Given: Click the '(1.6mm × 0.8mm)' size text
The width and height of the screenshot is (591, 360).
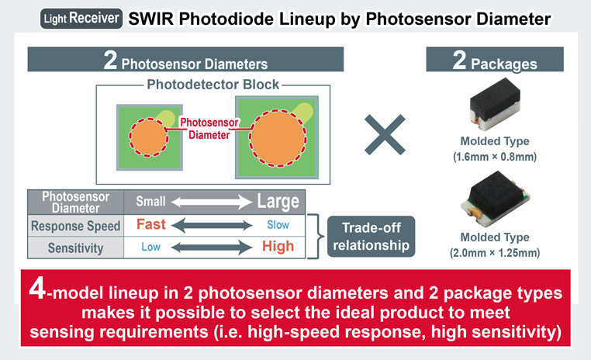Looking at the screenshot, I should point(495,157).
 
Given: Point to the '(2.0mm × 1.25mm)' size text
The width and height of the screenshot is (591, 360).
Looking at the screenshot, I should point(495,252).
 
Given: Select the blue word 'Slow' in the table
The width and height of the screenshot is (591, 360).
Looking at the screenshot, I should point(278,227).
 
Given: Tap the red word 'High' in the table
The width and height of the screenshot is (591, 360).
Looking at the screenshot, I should point(278,247).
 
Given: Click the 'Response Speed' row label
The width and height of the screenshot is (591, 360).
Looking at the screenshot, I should point(75,227).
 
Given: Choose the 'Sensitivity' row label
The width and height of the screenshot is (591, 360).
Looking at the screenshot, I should point(75,247).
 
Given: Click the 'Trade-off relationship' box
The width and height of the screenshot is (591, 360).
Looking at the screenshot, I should point(370,237).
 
